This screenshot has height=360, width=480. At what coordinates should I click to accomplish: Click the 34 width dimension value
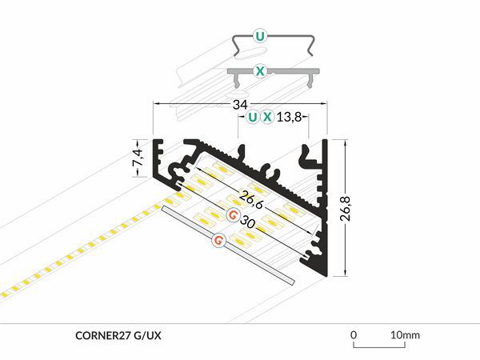pos(240,105)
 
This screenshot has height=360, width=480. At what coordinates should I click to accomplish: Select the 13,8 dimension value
pos(290,117)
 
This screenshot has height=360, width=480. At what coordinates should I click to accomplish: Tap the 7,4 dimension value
pos(138,158)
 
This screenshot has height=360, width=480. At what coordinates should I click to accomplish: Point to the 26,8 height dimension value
pos(346,208)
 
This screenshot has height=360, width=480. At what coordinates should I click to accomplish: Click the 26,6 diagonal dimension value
pos(250,200)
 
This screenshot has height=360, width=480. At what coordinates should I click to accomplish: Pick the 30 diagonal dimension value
pos(247,222)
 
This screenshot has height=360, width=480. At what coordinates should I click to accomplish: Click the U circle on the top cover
pos(259,37)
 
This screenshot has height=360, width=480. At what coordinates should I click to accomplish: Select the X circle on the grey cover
pos(259,71)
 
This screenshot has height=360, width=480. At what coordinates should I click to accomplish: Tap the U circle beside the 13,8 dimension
pos(253,117)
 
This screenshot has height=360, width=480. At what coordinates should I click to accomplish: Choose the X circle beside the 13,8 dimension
pos(267,117)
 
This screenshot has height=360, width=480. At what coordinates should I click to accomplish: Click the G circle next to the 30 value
pos(233,215)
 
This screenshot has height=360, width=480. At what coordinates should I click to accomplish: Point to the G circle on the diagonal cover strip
pos(219,240)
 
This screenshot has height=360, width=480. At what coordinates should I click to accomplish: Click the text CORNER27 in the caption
pos(103,336)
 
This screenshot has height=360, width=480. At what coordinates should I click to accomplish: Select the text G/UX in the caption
pos(147,336)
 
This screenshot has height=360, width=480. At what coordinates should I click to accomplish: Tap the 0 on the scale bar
pos(354,335)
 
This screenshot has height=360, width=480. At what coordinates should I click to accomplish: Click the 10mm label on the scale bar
pos(405,335)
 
